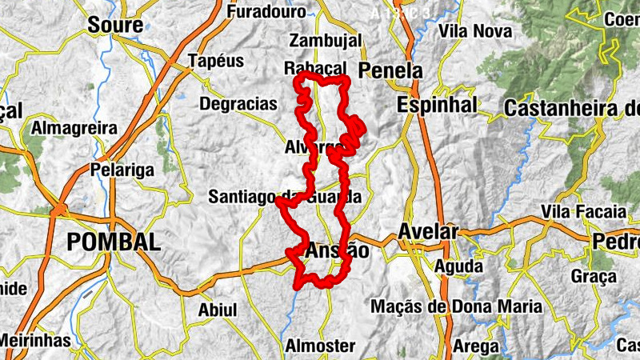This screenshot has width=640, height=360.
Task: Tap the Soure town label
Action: coord(114,25)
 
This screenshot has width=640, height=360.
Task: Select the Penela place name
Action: coord(391,70)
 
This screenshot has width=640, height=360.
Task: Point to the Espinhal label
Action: coord(436,105)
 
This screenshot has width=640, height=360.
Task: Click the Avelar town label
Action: coord(428,232)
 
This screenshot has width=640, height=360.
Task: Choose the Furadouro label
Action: coord(266,12)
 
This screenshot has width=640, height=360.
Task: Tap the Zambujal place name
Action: coord(326,40)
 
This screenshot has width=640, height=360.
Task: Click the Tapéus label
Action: coord(214,61)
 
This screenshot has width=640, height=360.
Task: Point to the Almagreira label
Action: coord(74,128)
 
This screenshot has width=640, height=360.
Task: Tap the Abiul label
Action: coord(217,309)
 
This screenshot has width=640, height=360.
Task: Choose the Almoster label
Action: coord(320,346)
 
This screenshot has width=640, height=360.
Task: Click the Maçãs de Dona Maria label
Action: coord(456,306)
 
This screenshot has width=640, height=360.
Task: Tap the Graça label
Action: coord(594,277)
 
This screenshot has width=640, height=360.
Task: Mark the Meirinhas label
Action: coord(34,341)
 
